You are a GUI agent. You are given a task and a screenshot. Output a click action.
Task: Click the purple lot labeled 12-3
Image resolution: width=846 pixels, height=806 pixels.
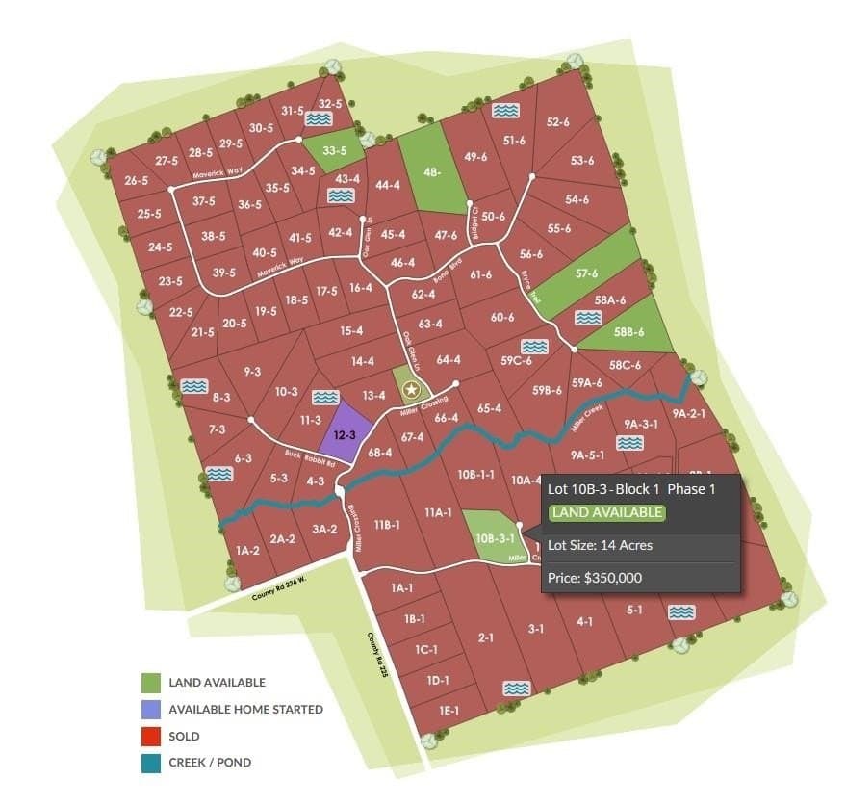click(x=345, y=434)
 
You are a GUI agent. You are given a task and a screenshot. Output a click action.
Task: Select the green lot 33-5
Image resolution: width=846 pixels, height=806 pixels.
click(x=334, y=150)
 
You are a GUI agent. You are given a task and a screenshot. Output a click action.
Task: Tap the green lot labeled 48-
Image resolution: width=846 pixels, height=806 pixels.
click(x=430, y=172)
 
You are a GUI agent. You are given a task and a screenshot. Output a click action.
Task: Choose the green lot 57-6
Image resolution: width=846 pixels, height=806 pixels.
click(x=586, y=273)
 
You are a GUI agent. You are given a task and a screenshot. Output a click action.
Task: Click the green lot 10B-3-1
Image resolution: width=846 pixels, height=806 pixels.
click(x=491, y=537)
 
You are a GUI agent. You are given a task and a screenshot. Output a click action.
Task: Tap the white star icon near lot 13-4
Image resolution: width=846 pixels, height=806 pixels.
click(x=412, y=389)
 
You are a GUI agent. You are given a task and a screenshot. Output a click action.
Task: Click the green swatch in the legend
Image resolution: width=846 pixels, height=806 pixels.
click(x=151, y=683)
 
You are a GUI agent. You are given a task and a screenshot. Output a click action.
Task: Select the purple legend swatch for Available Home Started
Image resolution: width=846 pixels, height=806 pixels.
click(x=151, y=710)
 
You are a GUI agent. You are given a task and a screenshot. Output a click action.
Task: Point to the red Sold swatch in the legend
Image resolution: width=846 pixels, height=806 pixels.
click(x=151, y=736)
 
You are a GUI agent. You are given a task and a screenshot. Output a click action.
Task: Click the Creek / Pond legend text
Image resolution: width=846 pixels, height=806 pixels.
click(x=210, y=763)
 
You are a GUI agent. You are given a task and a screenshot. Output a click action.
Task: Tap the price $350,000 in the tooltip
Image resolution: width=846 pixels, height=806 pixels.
click(x=594, y=578)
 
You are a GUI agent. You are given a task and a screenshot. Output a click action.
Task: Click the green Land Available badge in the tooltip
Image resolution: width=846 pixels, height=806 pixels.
click(x=606, y=512)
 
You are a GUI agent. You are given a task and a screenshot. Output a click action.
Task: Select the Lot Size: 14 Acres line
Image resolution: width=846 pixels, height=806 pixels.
click(x=600, y=545)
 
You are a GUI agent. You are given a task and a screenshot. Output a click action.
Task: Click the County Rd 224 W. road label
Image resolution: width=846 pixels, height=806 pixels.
click(x=278, y=587)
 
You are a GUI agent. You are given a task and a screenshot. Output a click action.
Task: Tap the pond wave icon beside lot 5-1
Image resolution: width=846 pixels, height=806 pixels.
click(x=681, y=612)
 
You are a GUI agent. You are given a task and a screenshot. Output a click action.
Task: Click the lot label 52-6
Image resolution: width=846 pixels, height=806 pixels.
click(x=558, y=122)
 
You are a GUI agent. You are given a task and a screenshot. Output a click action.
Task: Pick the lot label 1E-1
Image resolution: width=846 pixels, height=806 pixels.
click(x=448, y=710)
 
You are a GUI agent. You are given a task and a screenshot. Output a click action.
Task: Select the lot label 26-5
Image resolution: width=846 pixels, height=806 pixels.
click(x=136, y=180)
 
